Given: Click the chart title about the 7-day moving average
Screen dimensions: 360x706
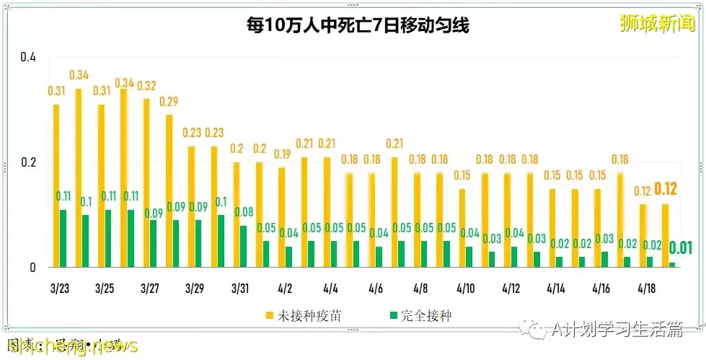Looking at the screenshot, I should (356, 27).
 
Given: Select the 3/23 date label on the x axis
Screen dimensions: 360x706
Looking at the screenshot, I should (61, 289).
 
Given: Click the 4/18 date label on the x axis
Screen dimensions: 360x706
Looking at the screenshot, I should (647, 289).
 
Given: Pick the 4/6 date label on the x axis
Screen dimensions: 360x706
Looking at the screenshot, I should (376, 289).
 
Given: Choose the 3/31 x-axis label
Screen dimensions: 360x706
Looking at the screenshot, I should (241, 289).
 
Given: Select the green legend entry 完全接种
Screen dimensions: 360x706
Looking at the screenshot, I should (422, 315).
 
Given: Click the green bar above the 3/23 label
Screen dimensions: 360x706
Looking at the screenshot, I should (63, 238).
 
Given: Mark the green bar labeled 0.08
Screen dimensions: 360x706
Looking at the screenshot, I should (243, 246).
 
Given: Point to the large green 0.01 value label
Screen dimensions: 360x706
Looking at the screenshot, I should (680, 248).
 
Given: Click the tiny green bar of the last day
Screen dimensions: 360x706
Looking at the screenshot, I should (673, 265).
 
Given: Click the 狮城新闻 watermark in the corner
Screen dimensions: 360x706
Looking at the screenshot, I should (656, 23).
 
